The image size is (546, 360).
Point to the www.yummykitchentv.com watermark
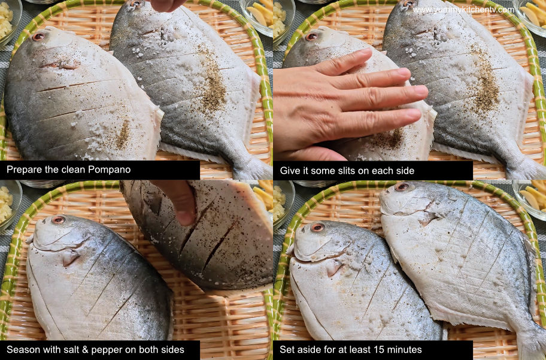coord(463,10)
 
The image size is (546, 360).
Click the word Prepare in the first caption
coord(25,170)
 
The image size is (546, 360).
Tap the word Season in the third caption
coord(22,349)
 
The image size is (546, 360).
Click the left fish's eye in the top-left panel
coord(39,37)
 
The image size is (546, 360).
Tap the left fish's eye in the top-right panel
coord(311,37)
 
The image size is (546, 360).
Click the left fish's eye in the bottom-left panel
coord(58,220)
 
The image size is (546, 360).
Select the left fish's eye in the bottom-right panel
coord(317,228)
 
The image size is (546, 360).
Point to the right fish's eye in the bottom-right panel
coord(402,187)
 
